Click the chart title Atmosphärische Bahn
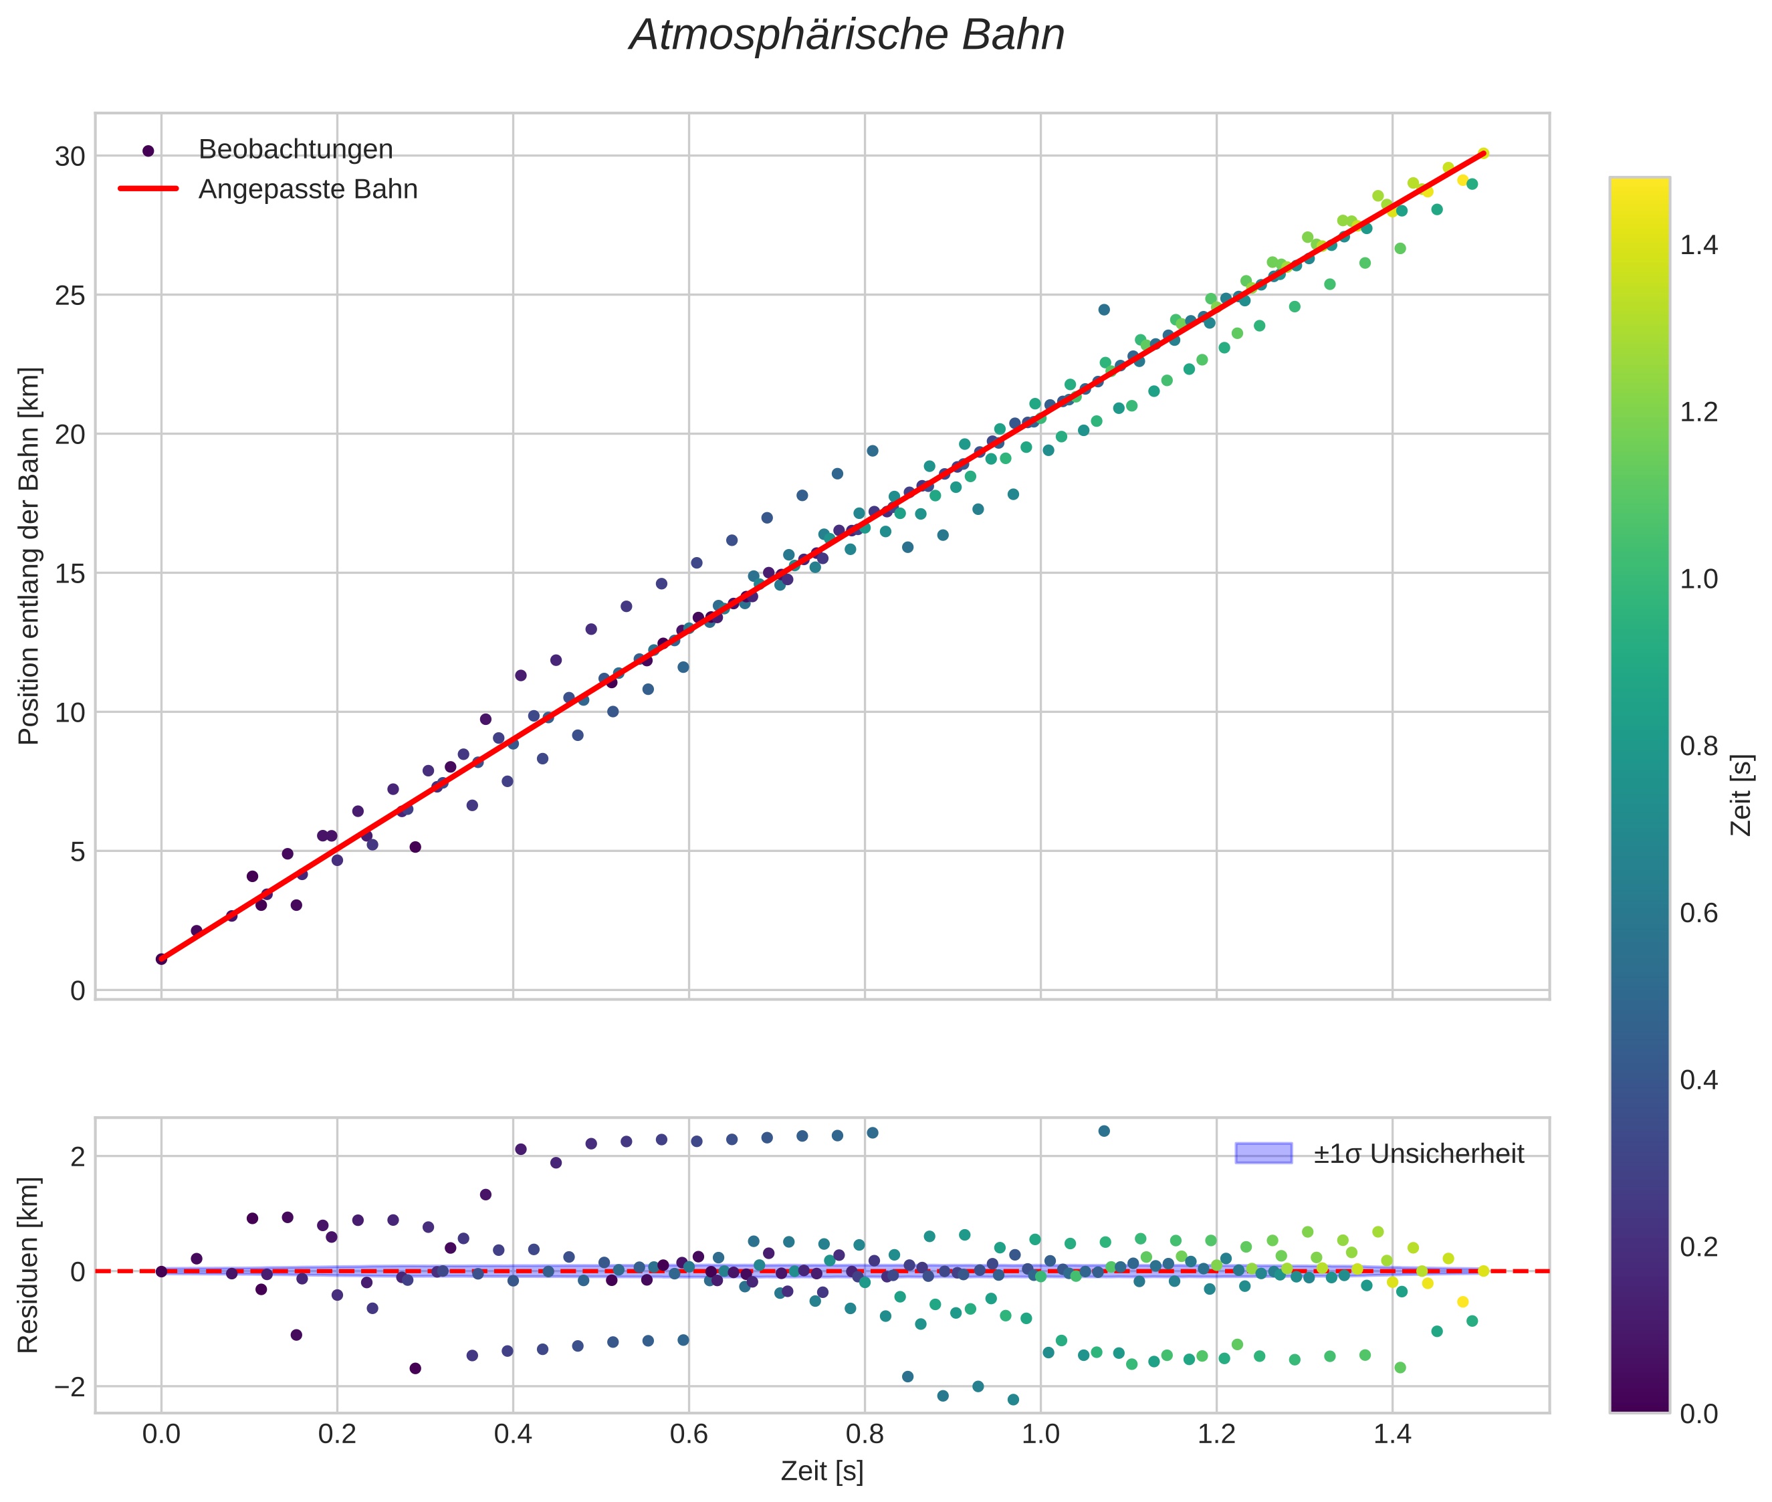847,35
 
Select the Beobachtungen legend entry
295,150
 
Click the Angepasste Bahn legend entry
308,189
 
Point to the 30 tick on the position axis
70,156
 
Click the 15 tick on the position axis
70,574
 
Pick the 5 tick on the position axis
77,851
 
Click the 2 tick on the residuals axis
77,1157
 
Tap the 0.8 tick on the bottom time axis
865,1434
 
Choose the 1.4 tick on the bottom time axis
1392,1434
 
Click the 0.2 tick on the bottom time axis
336,1434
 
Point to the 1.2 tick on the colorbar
1698,412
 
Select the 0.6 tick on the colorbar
1698,914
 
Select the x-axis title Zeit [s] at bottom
822,1471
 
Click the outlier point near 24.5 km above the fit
1103,310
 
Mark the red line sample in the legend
148,189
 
